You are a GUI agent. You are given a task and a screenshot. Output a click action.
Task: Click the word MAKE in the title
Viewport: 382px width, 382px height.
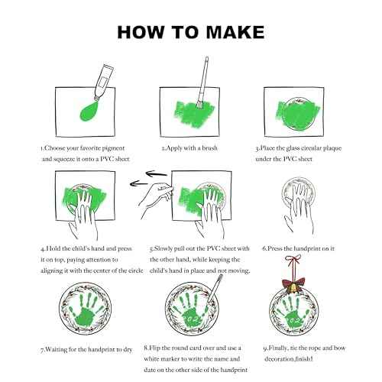point(235,32)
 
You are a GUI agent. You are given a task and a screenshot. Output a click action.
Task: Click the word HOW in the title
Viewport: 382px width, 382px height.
point(141,32)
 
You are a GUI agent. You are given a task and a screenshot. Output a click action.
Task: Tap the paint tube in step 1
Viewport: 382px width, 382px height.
point(103,82)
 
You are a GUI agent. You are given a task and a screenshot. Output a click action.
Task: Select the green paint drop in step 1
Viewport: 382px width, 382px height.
point(89,111)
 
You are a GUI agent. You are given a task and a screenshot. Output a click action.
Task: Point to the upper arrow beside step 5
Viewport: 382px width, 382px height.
point(157,174)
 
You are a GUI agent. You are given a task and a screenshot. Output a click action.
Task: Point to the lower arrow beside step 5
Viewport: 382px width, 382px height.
point(138,183)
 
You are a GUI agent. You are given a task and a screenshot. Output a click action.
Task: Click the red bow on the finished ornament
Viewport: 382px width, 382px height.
point(293,283)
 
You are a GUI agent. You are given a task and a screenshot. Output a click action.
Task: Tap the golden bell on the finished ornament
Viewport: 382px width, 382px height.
point(293,288)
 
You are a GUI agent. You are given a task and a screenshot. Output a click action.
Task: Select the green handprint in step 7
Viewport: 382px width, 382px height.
point(86,309)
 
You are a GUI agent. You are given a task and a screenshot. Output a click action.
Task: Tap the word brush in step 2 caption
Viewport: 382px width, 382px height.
point(209,148)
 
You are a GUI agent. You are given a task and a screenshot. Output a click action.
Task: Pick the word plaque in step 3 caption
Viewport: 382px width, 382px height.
point(332,148)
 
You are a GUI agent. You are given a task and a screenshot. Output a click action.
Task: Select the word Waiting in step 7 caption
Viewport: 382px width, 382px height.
point(55,350)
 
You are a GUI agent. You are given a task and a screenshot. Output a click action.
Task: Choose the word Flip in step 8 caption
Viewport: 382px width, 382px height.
point(154,348)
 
